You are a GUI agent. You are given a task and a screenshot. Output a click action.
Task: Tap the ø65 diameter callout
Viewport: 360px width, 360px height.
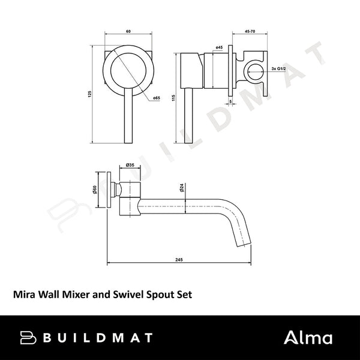coord(155,98)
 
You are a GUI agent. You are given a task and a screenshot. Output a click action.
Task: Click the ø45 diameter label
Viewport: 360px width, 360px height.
coord(219,47)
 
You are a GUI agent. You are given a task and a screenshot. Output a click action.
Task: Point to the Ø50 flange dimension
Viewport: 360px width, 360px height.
coord(96,190)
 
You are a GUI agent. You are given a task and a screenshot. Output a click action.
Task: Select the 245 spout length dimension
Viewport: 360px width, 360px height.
coord(179,260)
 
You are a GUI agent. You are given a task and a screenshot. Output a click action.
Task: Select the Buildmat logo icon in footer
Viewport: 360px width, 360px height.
coord(29,337)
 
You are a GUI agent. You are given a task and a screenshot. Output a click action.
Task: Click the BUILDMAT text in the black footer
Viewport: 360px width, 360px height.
coord(96,337)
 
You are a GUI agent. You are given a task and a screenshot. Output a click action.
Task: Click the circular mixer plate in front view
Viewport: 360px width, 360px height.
coord(128,73)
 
